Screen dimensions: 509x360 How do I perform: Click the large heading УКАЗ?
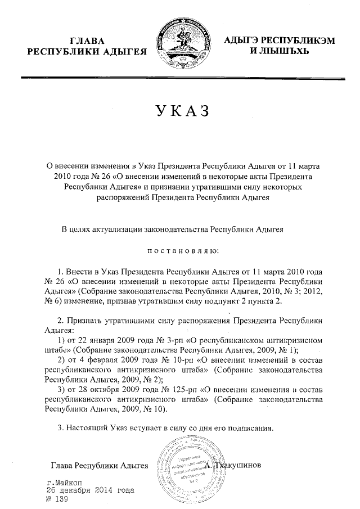[x=180, y=111]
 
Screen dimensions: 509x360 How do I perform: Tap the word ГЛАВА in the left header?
[x=87, y=41]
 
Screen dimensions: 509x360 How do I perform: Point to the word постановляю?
[x=179, y=249]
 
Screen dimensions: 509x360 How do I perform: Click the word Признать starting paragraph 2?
[x=85, y=320]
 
